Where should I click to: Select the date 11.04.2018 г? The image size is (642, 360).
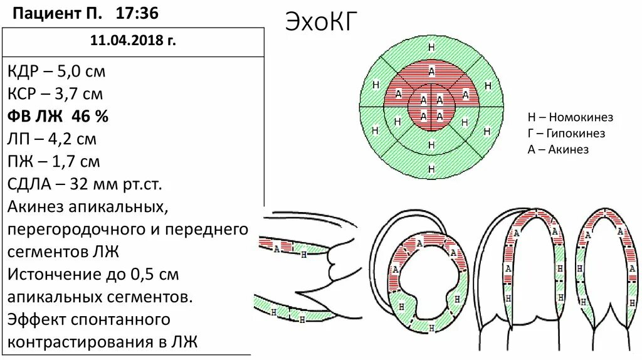133,41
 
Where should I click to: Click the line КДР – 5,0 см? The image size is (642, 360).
57,71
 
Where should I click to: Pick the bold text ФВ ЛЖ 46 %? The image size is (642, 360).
58,117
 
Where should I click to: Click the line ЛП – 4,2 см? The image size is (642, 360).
53,139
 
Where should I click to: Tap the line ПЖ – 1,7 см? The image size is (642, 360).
55,162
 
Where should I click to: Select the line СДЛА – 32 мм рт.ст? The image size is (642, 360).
85,184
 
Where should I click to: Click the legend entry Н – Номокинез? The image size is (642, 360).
570,117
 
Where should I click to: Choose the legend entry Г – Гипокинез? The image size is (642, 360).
566,134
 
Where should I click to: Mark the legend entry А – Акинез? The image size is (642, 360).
558,149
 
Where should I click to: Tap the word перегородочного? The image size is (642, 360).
76,230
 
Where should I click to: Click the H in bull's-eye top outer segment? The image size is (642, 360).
431,48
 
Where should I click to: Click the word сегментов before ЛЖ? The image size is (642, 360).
51,252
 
